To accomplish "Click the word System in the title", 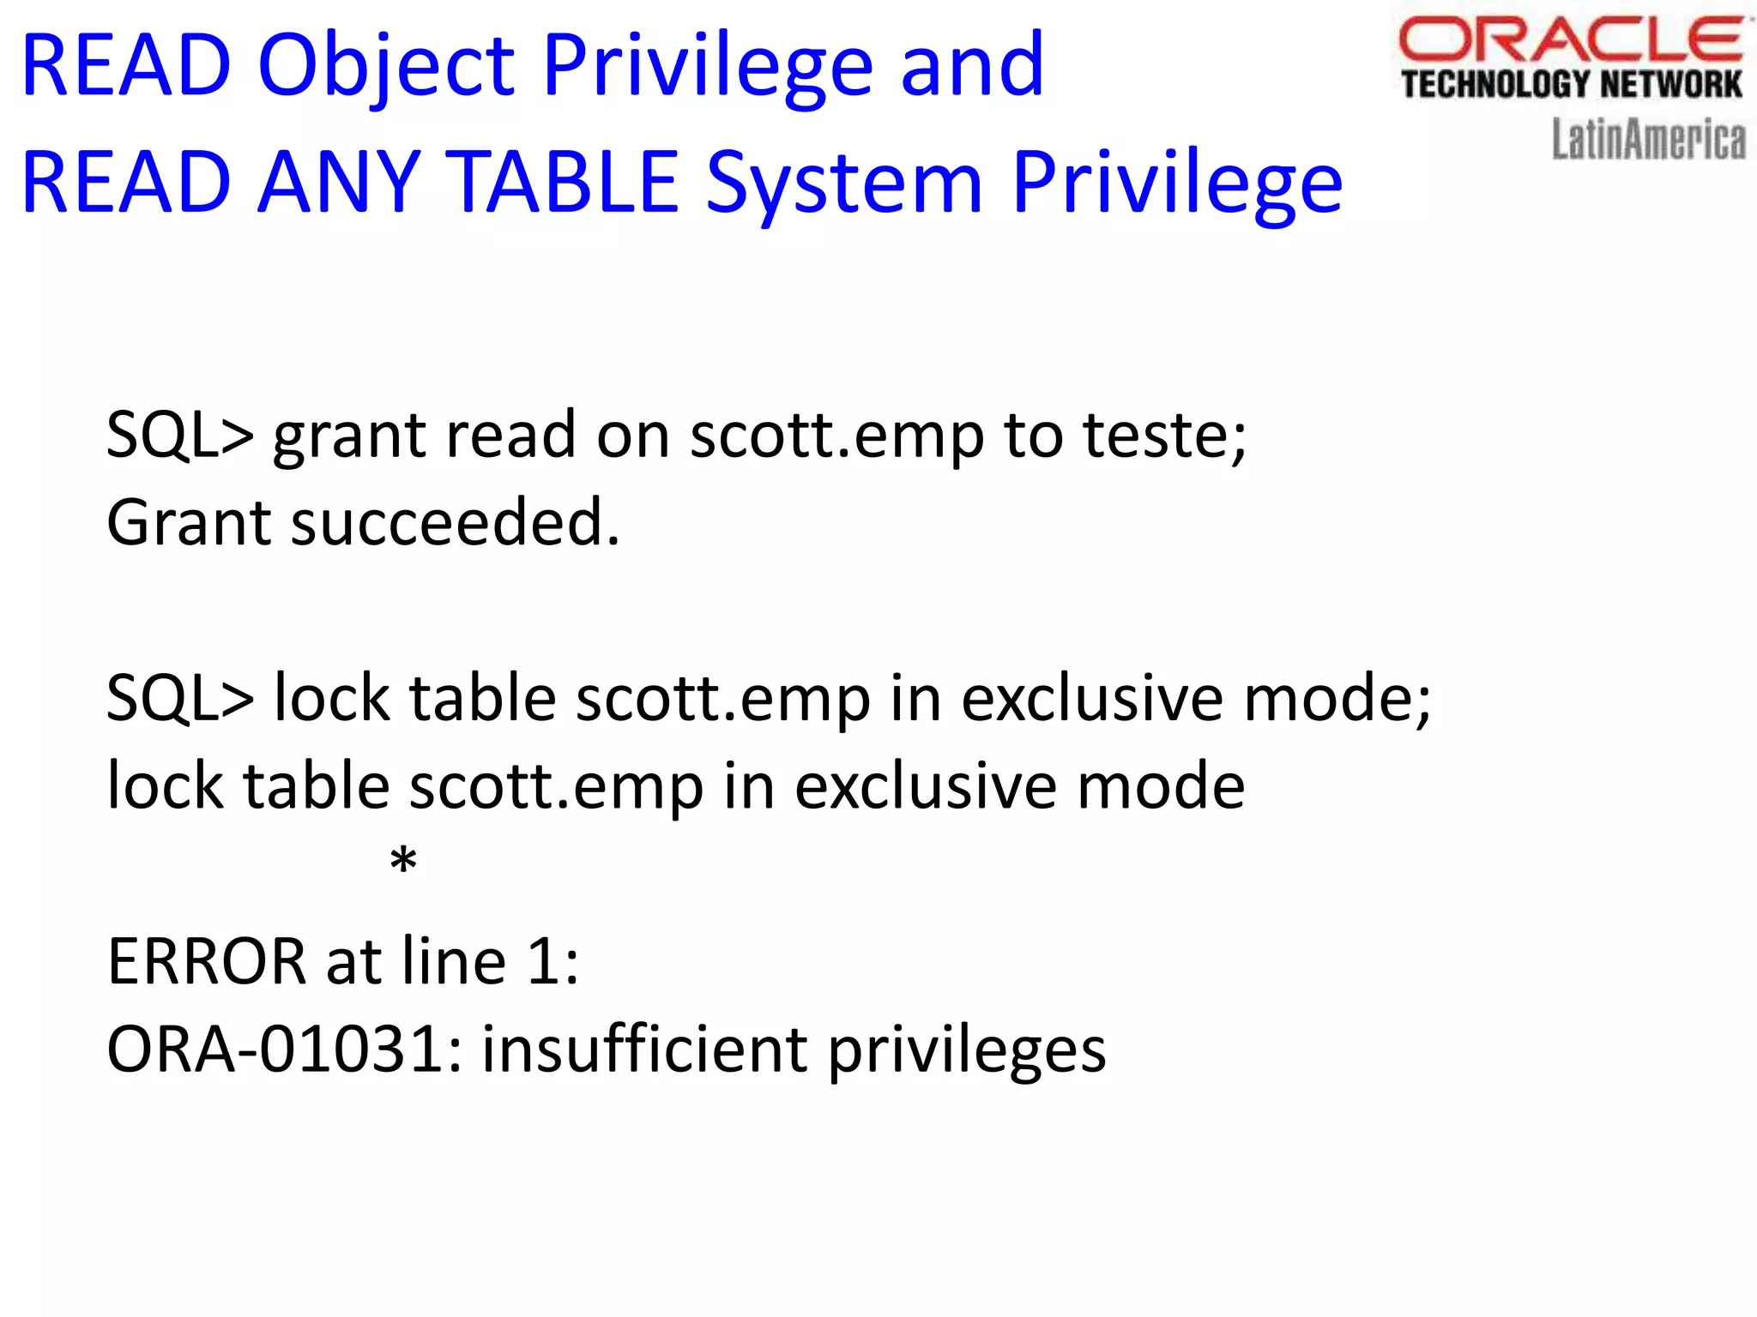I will pyautogui.click(x=844, y=183).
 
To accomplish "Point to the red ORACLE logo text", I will pyautogui.click(x=1570, y=41).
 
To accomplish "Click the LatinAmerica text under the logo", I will pyautogui.click(x=1648, y=140).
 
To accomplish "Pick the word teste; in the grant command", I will pyautogui.click(x=1164, y=436).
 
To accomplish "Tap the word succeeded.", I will pyautogui.click(x=455, y=523).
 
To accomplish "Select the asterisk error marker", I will pyautogui.click(x=403, y=860).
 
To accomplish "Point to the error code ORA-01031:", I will pyautogui.click(x=284, y=1049).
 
